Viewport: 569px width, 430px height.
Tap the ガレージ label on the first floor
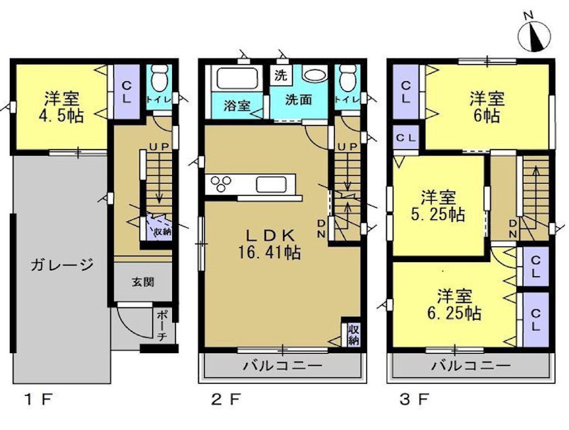click(x=62, y=266)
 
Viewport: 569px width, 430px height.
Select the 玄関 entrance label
click(x=142, y=282)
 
